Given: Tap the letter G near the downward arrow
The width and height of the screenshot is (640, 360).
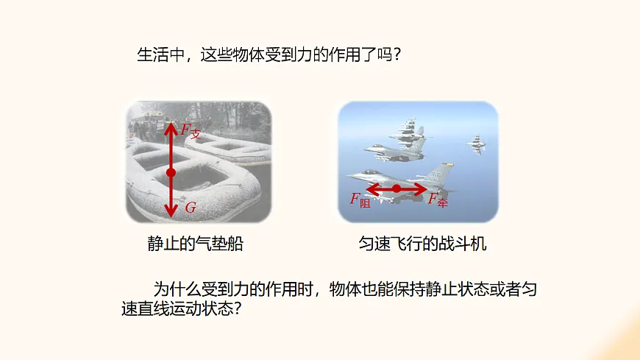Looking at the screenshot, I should (191, 208).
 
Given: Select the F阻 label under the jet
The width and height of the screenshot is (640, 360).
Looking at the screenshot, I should (360, 200).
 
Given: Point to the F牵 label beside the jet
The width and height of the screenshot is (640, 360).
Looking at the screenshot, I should (438, 200).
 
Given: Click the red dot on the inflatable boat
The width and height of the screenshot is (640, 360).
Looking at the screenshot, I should (171, 172).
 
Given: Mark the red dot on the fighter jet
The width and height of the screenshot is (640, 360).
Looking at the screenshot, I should (397, 188).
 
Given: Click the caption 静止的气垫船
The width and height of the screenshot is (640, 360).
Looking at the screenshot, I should (195, 244).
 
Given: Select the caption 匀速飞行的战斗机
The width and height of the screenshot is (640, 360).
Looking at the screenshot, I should (418, 244).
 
